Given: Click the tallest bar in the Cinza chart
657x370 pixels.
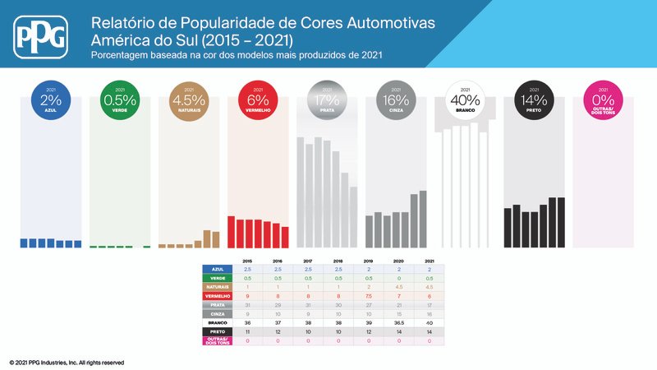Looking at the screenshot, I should point(423,219).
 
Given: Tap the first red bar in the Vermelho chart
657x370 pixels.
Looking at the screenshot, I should point(232,231).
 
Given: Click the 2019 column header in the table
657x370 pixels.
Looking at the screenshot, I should point(369,260).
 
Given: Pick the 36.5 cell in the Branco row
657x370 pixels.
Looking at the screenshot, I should point(399,323).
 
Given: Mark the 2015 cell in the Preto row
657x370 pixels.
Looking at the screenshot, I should point(247,332).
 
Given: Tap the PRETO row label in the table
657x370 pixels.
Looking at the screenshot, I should point(218,332).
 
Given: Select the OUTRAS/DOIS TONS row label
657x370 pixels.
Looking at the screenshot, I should point(218,341).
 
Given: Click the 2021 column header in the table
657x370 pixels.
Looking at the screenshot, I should point(430,260).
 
